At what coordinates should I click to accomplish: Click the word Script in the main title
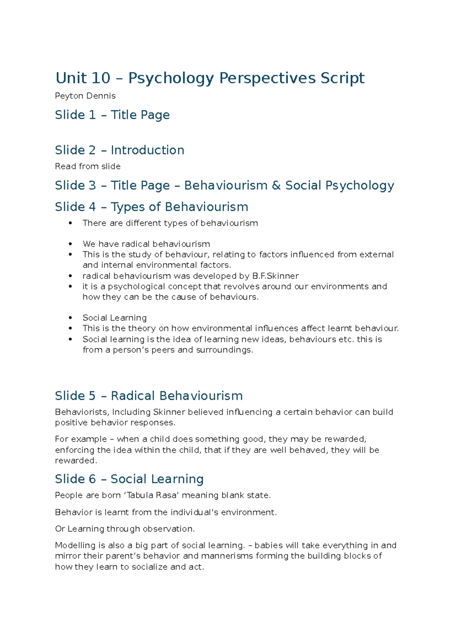[x=342, y=78]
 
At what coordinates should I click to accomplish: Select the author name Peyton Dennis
[x=85, y=96]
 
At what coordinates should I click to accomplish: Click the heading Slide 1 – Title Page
[x=112, y=115]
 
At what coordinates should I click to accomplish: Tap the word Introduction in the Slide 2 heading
[x=147, y=150]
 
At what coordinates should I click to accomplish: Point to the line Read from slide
[x=88, y=166]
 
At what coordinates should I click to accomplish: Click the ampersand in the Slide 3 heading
[x=276, y=186]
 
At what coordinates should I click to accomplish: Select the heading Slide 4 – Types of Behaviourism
[x=151, y=207]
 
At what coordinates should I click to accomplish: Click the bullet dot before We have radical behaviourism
[x=70, y=244]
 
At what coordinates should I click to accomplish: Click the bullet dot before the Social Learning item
[x=70, y=318]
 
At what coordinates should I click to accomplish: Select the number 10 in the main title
[x=101, y=78]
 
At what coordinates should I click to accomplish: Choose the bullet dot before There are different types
[x=70, y=223]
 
